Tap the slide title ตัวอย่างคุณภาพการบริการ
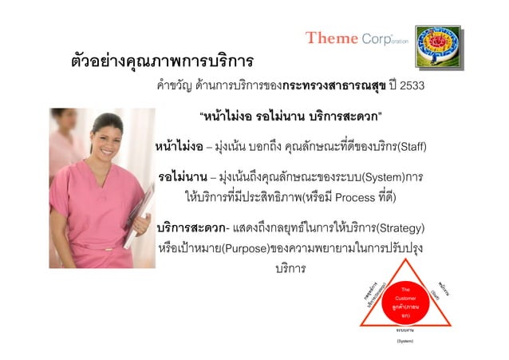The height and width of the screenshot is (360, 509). pos(159,61)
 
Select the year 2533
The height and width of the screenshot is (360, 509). pos(412,86)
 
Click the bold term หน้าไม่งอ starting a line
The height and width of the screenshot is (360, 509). pos(179,147)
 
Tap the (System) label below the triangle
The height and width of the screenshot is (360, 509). pos(404,341)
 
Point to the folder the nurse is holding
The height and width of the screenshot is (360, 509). pos(139,204)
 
